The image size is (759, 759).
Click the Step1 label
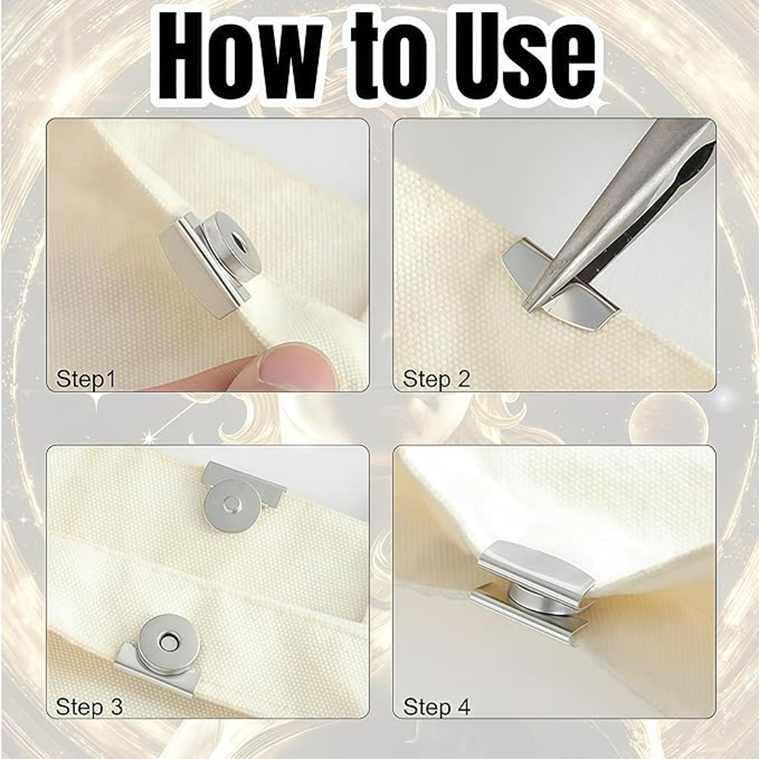[86, 379]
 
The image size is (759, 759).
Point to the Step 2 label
[436, 379]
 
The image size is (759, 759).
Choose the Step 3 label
[89, 707]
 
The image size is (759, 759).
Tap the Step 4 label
[436, 707]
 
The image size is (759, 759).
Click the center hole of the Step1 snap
[237, 238]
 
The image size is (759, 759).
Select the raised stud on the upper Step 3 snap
[229, 506]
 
